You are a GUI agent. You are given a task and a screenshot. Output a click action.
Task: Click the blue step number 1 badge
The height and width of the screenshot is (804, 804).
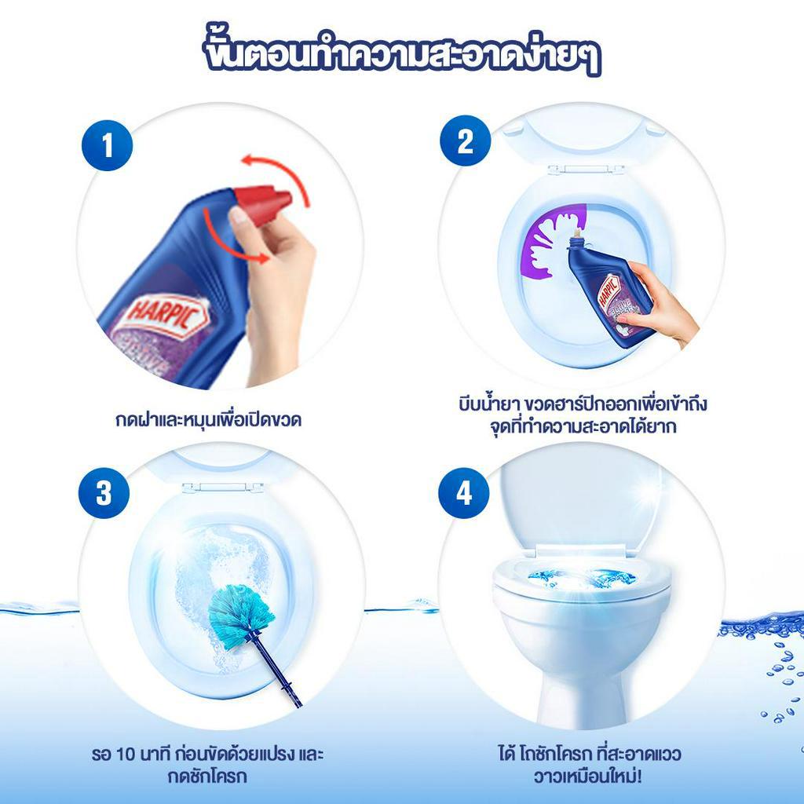coord(107,145)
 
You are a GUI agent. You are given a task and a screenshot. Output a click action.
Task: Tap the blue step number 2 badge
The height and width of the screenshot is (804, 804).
coord(465,141)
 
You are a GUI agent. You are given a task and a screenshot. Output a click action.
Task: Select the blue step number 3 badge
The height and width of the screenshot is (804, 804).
coord(104,493)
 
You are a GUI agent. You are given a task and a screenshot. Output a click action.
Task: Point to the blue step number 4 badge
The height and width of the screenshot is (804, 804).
coord(463,493)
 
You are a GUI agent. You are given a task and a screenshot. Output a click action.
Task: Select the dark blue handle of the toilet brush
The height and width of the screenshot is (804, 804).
coord(275,671)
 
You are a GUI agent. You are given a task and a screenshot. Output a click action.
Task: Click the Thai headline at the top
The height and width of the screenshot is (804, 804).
coord(401,53)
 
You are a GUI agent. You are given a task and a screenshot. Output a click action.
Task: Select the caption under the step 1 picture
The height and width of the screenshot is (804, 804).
coord(208,420)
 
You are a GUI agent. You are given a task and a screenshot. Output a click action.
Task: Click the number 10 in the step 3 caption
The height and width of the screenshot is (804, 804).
coord(125,755)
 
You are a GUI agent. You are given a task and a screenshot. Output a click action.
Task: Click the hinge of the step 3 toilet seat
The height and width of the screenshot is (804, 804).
coord(222,488)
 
